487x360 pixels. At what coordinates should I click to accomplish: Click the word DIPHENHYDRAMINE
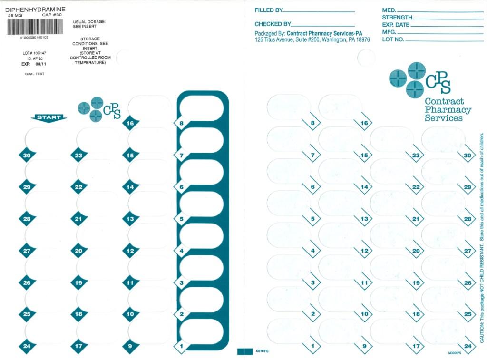point(36,9)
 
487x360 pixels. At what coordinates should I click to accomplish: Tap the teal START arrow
point(49,117)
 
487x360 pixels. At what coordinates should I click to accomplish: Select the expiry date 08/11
point(41,64)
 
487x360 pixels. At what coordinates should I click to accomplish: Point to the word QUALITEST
point(35,74)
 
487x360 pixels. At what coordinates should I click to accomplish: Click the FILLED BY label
point(269,10)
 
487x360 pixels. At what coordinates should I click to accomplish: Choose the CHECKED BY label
point(273,24)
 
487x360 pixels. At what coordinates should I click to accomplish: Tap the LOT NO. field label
point(393,39)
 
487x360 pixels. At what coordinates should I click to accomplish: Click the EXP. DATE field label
point(395,25)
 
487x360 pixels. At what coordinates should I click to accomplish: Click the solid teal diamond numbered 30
point(27,155)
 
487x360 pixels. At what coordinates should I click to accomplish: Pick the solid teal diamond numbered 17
point(78,346)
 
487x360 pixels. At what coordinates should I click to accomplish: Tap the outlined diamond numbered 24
point(468,346)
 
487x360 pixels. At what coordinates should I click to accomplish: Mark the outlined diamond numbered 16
point(364,123)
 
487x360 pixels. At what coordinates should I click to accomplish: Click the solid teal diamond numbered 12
point(130,251)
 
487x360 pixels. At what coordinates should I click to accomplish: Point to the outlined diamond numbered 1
point(312,346)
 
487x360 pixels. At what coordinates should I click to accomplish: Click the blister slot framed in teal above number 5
point(201,205)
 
